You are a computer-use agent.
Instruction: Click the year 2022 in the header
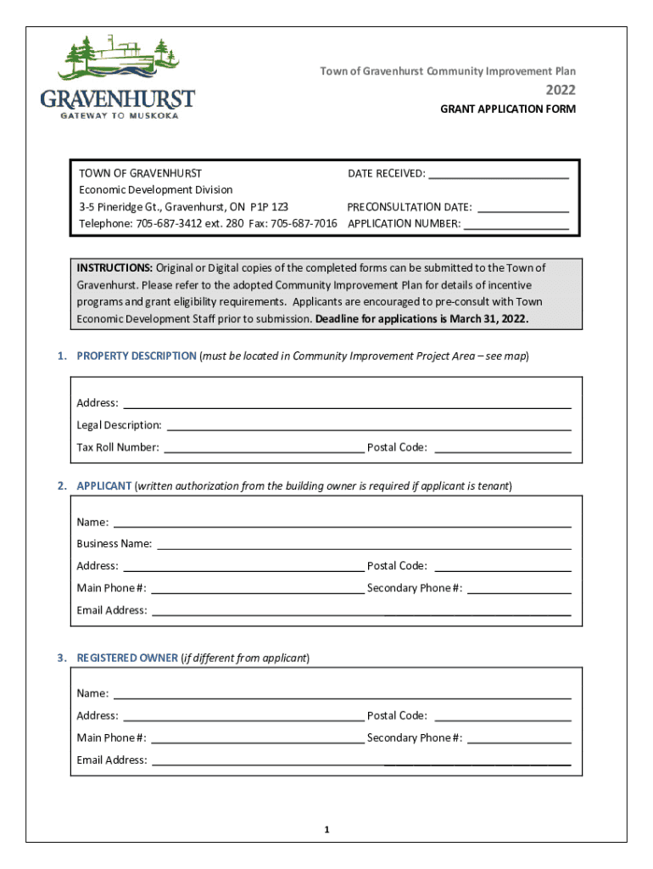tap(560, 90)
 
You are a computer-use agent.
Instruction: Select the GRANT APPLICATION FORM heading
tap(507, 109)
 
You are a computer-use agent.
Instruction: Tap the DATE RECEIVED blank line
tap(498, 177)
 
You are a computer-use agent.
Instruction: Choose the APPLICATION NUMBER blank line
tap(516, 227)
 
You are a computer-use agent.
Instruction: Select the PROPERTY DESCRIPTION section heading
tap(137, 356)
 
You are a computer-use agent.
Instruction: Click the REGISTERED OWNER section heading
tap(127, 658)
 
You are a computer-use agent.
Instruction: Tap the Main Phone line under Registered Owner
tap(257, 742)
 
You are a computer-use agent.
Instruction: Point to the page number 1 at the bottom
tap(326, 829)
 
